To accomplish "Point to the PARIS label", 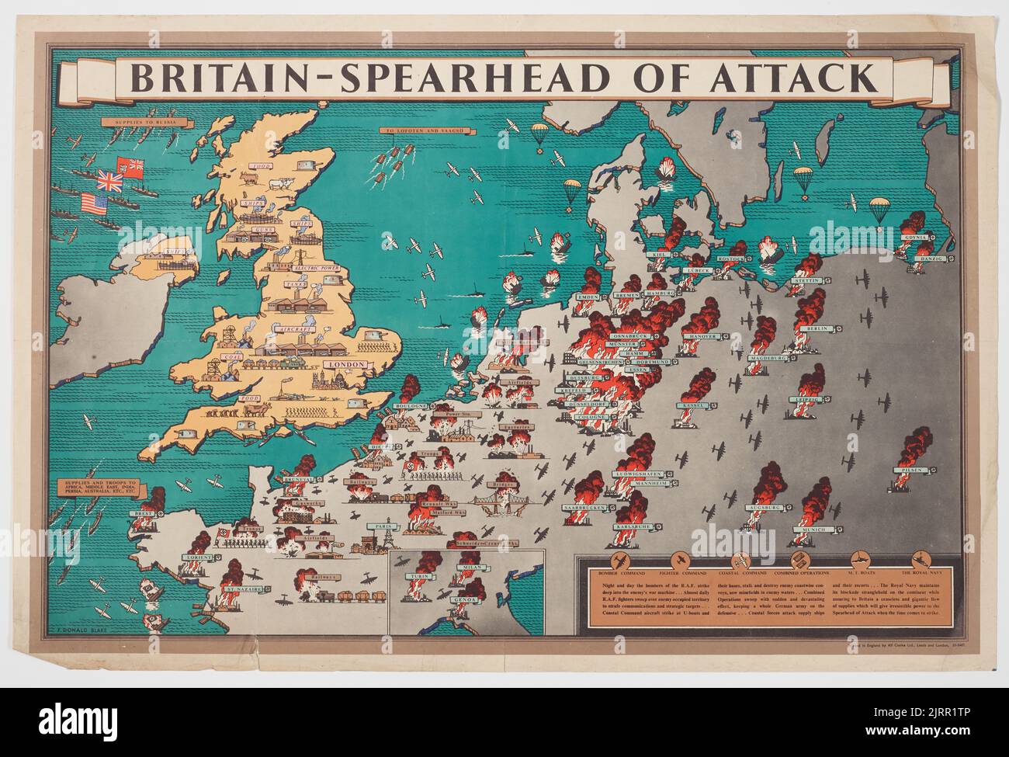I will tap(382, 526).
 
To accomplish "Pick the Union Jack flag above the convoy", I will tap(110, 182).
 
